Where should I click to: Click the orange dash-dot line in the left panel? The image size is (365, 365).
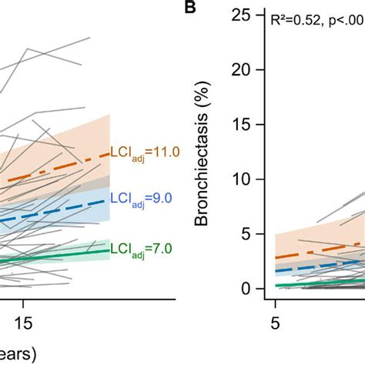pos(62,172)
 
